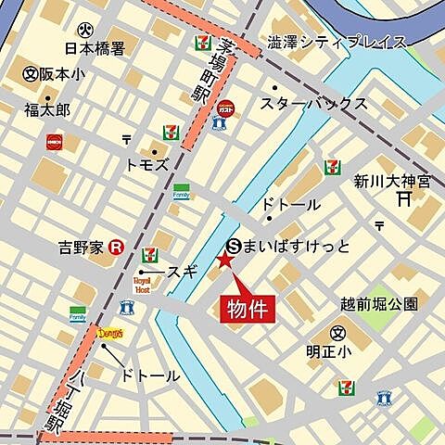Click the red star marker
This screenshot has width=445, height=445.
click(x=224, y=262)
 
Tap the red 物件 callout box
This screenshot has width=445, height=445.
click(x=248, y=309)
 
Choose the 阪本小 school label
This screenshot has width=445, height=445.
click(x=61, y=73)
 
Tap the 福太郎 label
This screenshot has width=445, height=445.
click(x=46, y=108)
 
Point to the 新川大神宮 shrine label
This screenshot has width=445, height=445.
click(x=391, y=181)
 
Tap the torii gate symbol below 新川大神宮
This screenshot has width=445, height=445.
click(x=403, y=198)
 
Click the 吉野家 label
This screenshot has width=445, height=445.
click(x=80, y=248)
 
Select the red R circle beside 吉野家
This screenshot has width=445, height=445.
click(x=116, y=248)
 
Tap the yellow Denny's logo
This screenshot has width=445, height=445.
click(x=109, y=332)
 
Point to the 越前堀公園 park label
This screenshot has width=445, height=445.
click(x=379, y=303)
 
